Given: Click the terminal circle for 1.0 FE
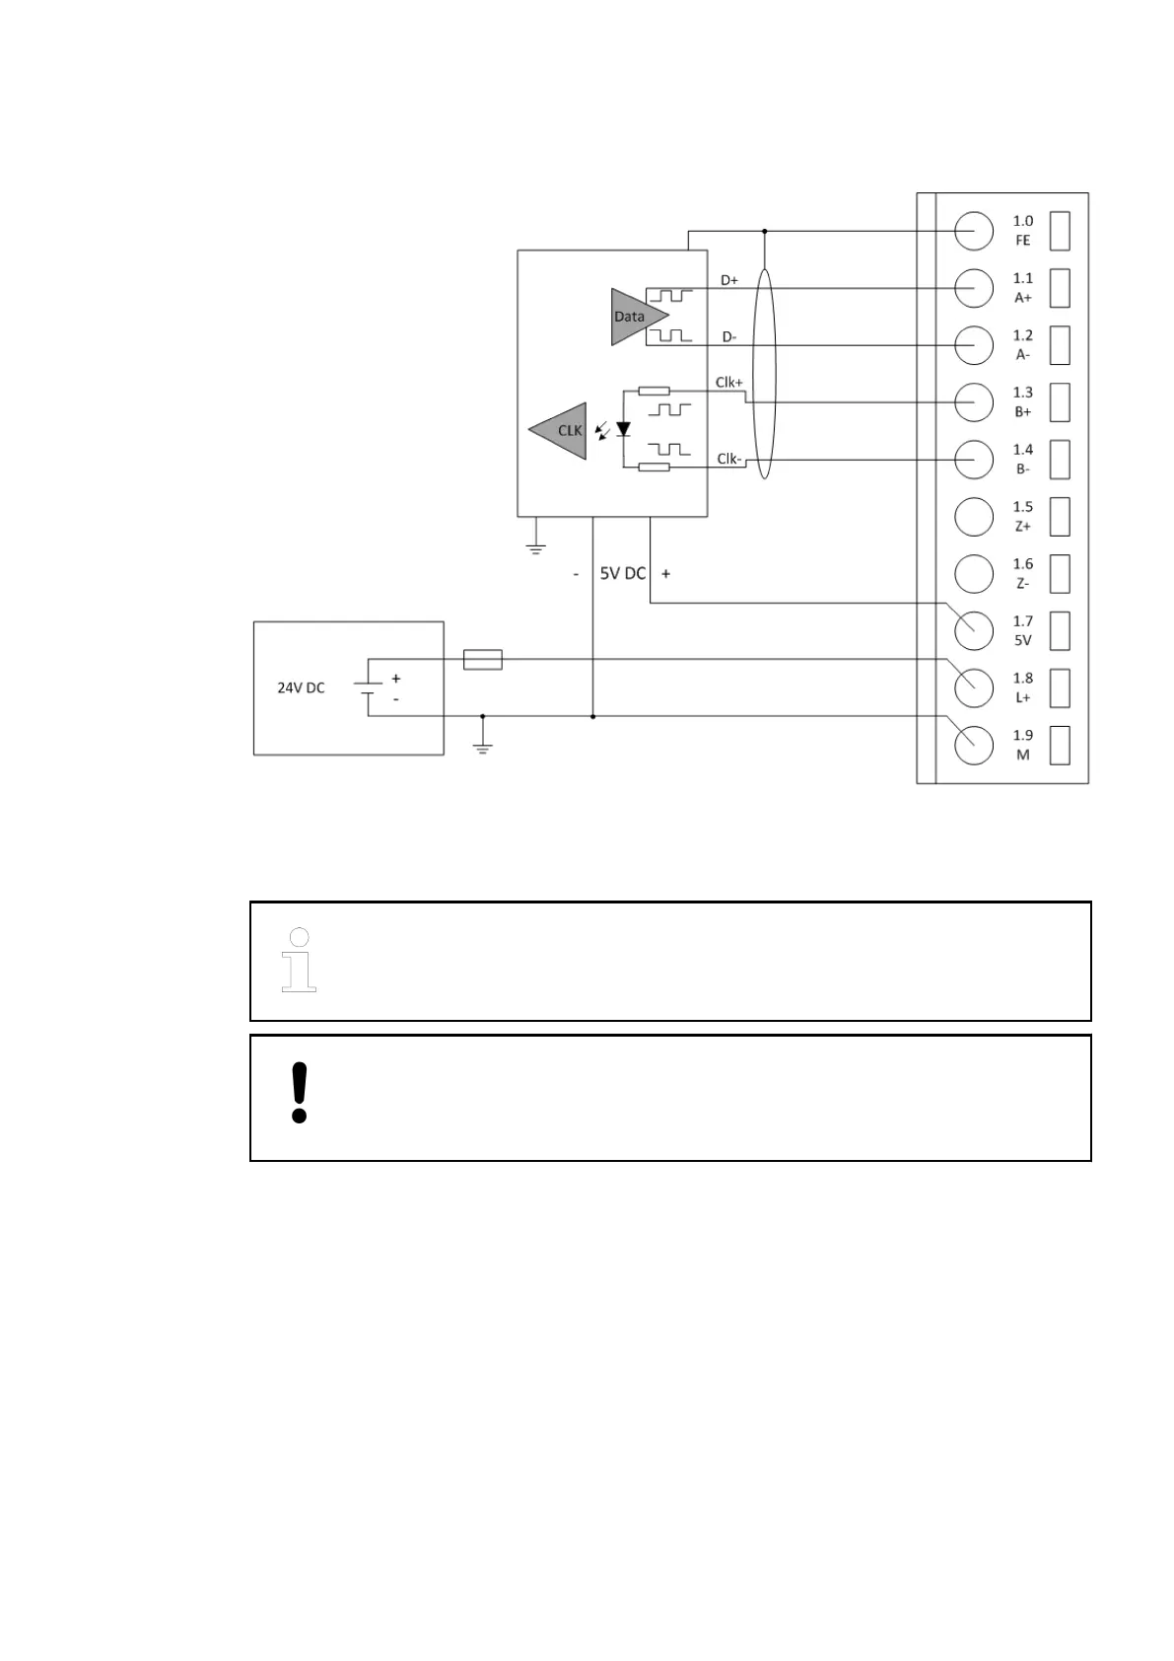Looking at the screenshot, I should click(974, 231).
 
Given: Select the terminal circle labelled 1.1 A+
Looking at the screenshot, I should click(974, 288).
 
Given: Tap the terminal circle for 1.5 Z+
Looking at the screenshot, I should click(974, 516).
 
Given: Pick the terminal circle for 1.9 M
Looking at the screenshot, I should click(974, 744).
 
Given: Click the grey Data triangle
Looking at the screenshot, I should click(635, 317).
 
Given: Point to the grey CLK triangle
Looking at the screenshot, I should click(563, 430).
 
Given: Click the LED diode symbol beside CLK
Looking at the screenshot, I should click(623, 430).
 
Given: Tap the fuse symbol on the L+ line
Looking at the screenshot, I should click(482, 659).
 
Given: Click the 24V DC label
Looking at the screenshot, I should click(301, 687).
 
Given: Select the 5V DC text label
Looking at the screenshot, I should click(622, 573).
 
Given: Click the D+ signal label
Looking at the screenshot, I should click(729, 280).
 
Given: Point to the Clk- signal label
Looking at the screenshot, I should click(728, 459).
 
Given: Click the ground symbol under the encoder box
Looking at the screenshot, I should click(535, 546).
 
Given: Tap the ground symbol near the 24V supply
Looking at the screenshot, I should click(482, 747).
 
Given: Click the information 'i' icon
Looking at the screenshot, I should click(299, 960).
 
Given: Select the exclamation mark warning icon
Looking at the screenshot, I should click(300, 1092).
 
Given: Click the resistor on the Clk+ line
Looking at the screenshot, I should click(654, 392).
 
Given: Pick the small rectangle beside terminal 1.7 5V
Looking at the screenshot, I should click(1060, 630).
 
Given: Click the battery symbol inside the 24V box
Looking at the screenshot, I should click(368, 687).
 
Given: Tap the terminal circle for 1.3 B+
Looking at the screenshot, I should click(974, 401).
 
